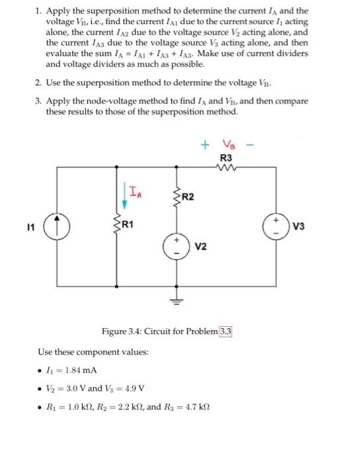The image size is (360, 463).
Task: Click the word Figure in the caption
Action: click(x=114, y=331)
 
